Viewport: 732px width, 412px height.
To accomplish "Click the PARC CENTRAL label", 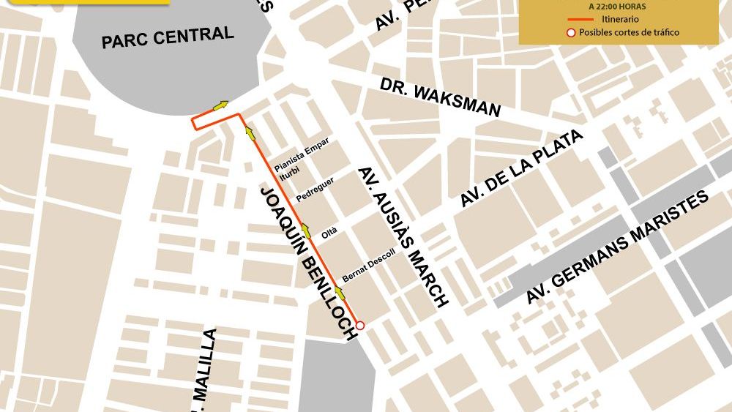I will tap(168, 37).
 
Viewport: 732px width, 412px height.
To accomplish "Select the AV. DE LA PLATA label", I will tap(522, 169).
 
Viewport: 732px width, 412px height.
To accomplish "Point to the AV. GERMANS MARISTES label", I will tap(618, 247).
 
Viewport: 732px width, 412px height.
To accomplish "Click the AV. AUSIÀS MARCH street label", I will tap(402, 236).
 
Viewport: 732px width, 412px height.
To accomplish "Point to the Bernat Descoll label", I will tap(368, 266).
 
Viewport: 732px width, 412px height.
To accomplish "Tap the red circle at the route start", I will tap(359, 326).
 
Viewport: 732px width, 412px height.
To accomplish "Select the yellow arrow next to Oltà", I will tap(306, 232).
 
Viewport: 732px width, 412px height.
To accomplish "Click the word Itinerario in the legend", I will tap(620, 19).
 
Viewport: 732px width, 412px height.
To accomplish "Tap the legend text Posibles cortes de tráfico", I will tap(629, 32).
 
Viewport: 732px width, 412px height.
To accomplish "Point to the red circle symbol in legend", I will tap(570, 32).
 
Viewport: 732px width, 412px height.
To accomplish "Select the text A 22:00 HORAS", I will tap(616, 6).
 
